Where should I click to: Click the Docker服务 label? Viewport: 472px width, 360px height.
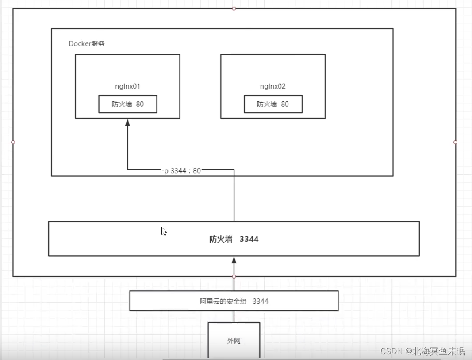87,44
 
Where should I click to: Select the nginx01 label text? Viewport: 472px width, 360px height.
127,86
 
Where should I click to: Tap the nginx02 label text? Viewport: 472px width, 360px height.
273,86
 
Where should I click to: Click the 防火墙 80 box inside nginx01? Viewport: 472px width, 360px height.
127,105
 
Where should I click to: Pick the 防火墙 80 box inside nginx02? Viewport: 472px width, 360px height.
273,105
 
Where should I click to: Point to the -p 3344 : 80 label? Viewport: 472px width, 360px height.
181,170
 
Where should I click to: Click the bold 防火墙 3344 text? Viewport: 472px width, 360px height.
234,239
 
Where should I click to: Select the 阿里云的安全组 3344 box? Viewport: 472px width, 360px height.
234,301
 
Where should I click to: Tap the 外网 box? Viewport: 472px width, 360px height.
234,341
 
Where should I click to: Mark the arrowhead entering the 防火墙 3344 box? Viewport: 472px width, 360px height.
234,260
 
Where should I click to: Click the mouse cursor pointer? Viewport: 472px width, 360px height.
163,231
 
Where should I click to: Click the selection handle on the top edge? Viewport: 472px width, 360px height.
234,8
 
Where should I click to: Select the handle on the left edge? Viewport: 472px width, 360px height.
13,142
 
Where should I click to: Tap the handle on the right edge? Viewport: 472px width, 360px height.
456,142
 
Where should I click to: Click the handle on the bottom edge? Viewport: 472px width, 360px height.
234,276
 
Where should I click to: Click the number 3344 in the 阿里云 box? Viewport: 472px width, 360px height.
261,301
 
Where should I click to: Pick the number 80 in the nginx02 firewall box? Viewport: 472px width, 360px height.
285,105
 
